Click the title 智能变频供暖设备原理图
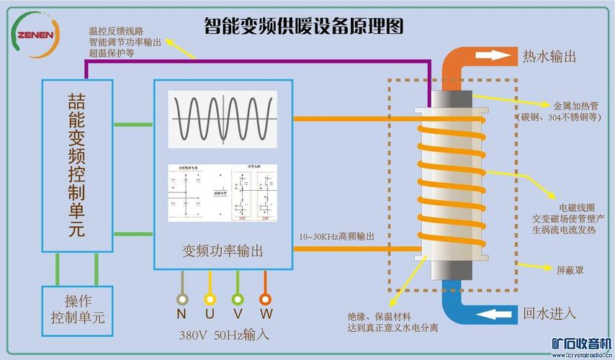(x=303, y=27)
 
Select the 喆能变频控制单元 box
(x=77, y=166)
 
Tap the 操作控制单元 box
(x=77, y=308)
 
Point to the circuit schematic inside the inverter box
(x=222, y=193)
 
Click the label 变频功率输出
(x=223, y=251)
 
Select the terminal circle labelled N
(x=182, y=299)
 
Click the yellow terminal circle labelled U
(x=210, y=299)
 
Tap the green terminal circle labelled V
(x=237, y=299)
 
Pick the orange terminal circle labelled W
(x=265, y=299)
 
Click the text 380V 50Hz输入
(x=224, y=335)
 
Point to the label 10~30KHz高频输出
(x=336, y=236)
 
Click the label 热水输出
(x=549, y=56)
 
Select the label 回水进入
(x=549, y=313)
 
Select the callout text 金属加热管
(x=573, y=104)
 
